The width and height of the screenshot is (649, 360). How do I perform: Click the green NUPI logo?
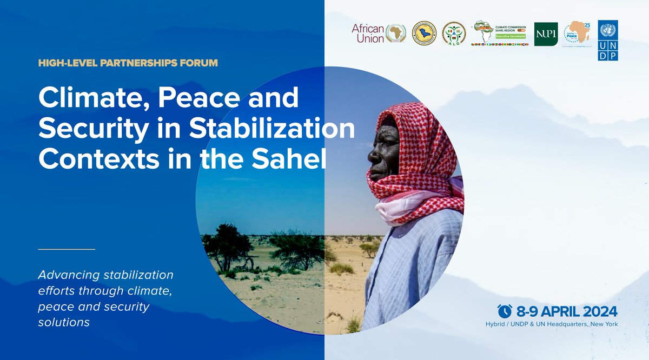click(545, 34)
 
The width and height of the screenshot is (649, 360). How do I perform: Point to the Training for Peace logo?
click(577, 34)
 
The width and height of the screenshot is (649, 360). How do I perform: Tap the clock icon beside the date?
click(505, 311)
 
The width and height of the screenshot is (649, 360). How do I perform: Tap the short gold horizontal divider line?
click(67, 249)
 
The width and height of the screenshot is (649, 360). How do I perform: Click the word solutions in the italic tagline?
click(63, 322)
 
